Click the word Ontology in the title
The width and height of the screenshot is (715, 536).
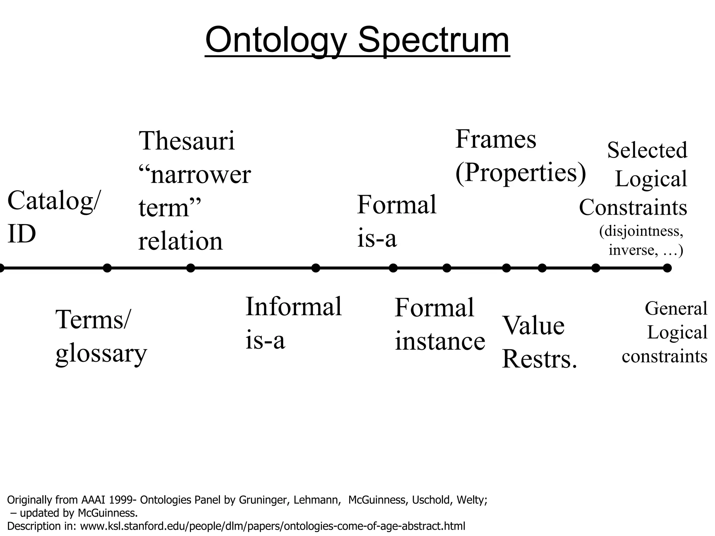click(x=276, y=40)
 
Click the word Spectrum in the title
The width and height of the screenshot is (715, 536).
click(x=434, y=40)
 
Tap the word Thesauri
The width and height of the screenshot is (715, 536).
click(x=187, y=141)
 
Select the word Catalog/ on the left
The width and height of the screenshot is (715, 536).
click(x=54, y=201)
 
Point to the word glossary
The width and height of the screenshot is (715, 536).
click(x=101, y=354)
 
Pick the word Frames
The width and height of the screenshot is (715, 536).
click(x=495, y=140)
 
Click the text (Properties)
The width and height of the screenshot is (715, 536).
click(x=520, y=173)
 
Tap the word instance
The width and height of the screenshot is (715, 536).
click(x=440, y=341)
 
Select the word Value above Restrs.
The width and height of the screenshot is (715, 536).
click(x=533, y=326)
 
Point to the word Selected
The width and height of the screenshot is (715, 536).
click(x=647, y=150)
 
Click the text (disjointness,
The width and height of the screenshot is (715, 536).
click(x=641, y=231)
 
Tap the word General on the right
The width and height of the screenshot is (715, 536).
click(x=676, y=308)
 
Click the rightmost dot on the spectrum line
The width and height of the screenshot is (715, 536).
click(x=667, y=268)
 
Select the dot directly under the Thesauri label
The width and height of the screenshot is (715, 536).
click(x=191, y=268)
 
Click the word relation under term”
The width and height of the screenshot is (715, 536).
click(x=180, y=241)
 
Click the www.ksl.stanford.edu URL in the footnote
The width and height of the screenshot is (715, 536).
click(x=273, y=526)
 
